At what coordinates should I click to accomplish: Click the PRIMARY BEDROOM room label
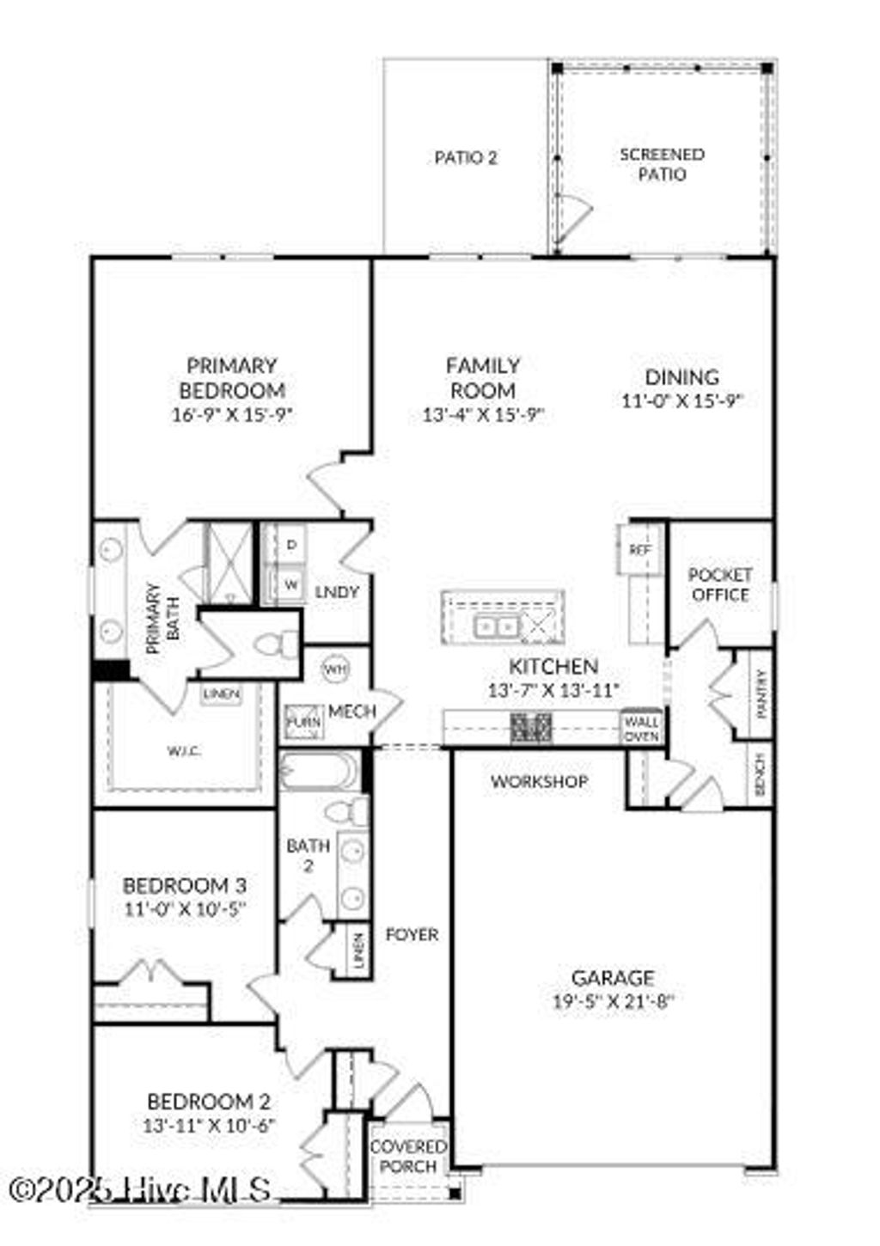[231, 378]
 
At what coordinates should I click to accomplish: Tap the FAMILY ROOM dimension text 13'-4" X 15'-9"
[484, 415]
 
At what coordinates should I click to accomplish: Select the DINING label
[681, 376]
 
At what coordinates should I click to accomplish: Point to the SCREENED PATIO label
[662, 164]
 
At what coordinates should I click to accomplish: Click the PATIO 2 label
[466, 158]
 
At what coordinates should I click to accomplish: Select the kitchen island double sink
[496, 625]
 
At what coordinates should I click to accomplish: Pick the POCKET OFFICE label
[719, 584]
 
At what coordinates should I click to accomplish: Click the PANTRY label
[761, 694]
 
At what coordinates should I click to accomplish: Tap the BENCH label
[760, 774]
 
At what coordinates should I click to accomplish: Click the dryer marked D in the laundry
[291, 545]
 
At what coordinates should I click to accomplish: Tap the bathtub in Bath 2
[320, 770]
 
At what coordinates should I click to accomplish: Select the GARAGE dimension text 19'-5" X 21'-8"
[613, 1000]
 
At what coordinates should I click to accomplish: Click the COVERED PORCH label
[408, 1157]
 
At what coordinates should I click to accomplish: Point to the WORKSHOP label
[540, 781]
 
